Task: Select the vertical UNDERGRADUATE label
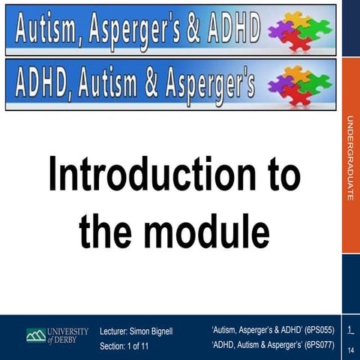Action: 350,157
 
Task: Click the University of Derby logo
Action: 57,335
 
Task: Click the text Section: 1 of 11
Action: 124,346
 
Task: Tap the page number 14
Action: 350,350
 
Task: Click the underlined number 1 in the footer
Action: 349,331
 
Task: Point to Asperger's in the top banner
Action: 139,29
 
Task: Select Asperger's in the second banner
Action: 209,84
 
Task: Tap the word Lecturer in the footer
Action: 115,330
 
